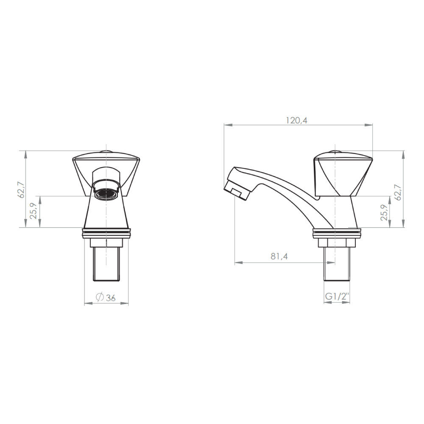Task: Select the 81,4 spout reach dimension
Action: (279, 257)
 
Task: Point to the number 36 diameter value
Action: (111, 298)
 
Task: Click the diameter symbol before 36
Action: (99, 297)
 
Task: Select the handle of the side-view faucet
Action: (343, 174)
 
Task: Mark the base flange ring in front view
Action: (106, 232)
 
